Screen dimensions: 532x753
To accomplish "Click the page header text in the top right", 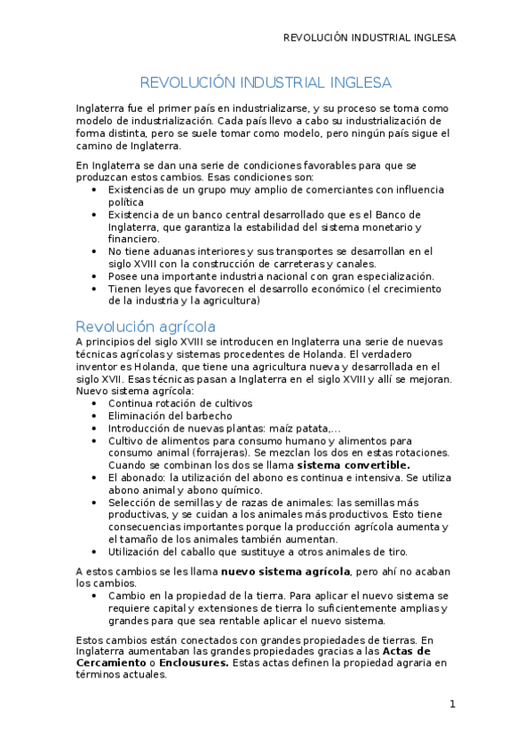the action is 369,38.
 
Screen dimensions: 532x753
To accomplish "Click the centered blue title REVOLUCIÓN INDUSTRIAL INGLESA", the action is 266,83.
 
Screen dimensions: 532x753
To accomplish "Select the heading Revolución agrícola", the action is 145,326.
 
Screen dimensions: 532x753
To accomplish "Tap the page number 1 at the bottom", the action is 452,705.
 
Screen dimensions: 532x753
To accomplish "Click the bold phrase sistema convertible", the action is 353,464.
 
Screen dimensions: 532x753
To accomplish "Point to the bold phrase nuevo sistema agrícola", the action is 285,570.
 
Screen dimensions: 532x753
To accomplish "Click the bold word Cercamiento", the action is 111,662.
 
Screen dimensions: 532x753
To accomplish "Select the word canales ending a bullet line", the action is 357,264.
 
